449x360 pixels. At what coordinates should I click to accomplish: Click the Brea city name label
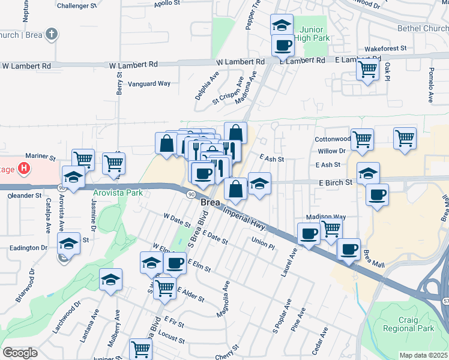tap(209, 204)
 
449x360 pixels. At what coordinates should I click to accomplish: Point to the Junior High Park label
tap(312, 35)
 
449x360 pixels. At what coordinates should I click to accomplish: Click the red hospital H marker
tap(24, 169)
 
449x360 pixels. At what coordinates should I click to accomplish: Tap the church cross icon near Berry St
tap(52, 34)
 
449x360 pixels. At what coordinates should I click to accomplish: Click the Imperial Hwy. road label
tap(249, 218)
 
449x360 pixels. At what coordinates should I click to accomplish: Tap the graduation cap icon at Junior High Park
tap(282, 25)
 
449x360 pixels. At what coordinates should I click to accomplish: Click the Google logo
tap(20, 353)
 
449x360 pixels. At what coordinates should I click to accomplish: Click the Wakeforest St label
tap(385, 48)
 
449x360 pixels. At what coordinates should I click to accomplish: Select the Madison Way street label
tap(326, 217)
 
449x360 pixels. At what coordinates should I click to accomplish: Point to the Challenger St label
tap(77, 5)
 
